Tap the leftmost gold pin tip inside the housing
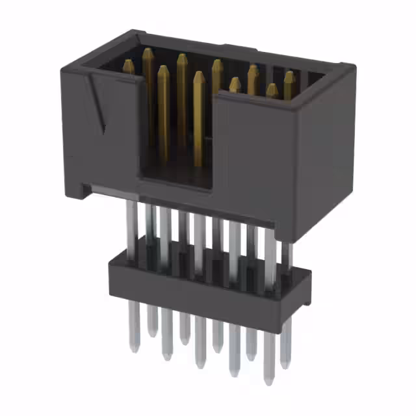[x=129, y=66]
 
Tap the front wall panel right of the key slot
[x=253, y=149]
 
